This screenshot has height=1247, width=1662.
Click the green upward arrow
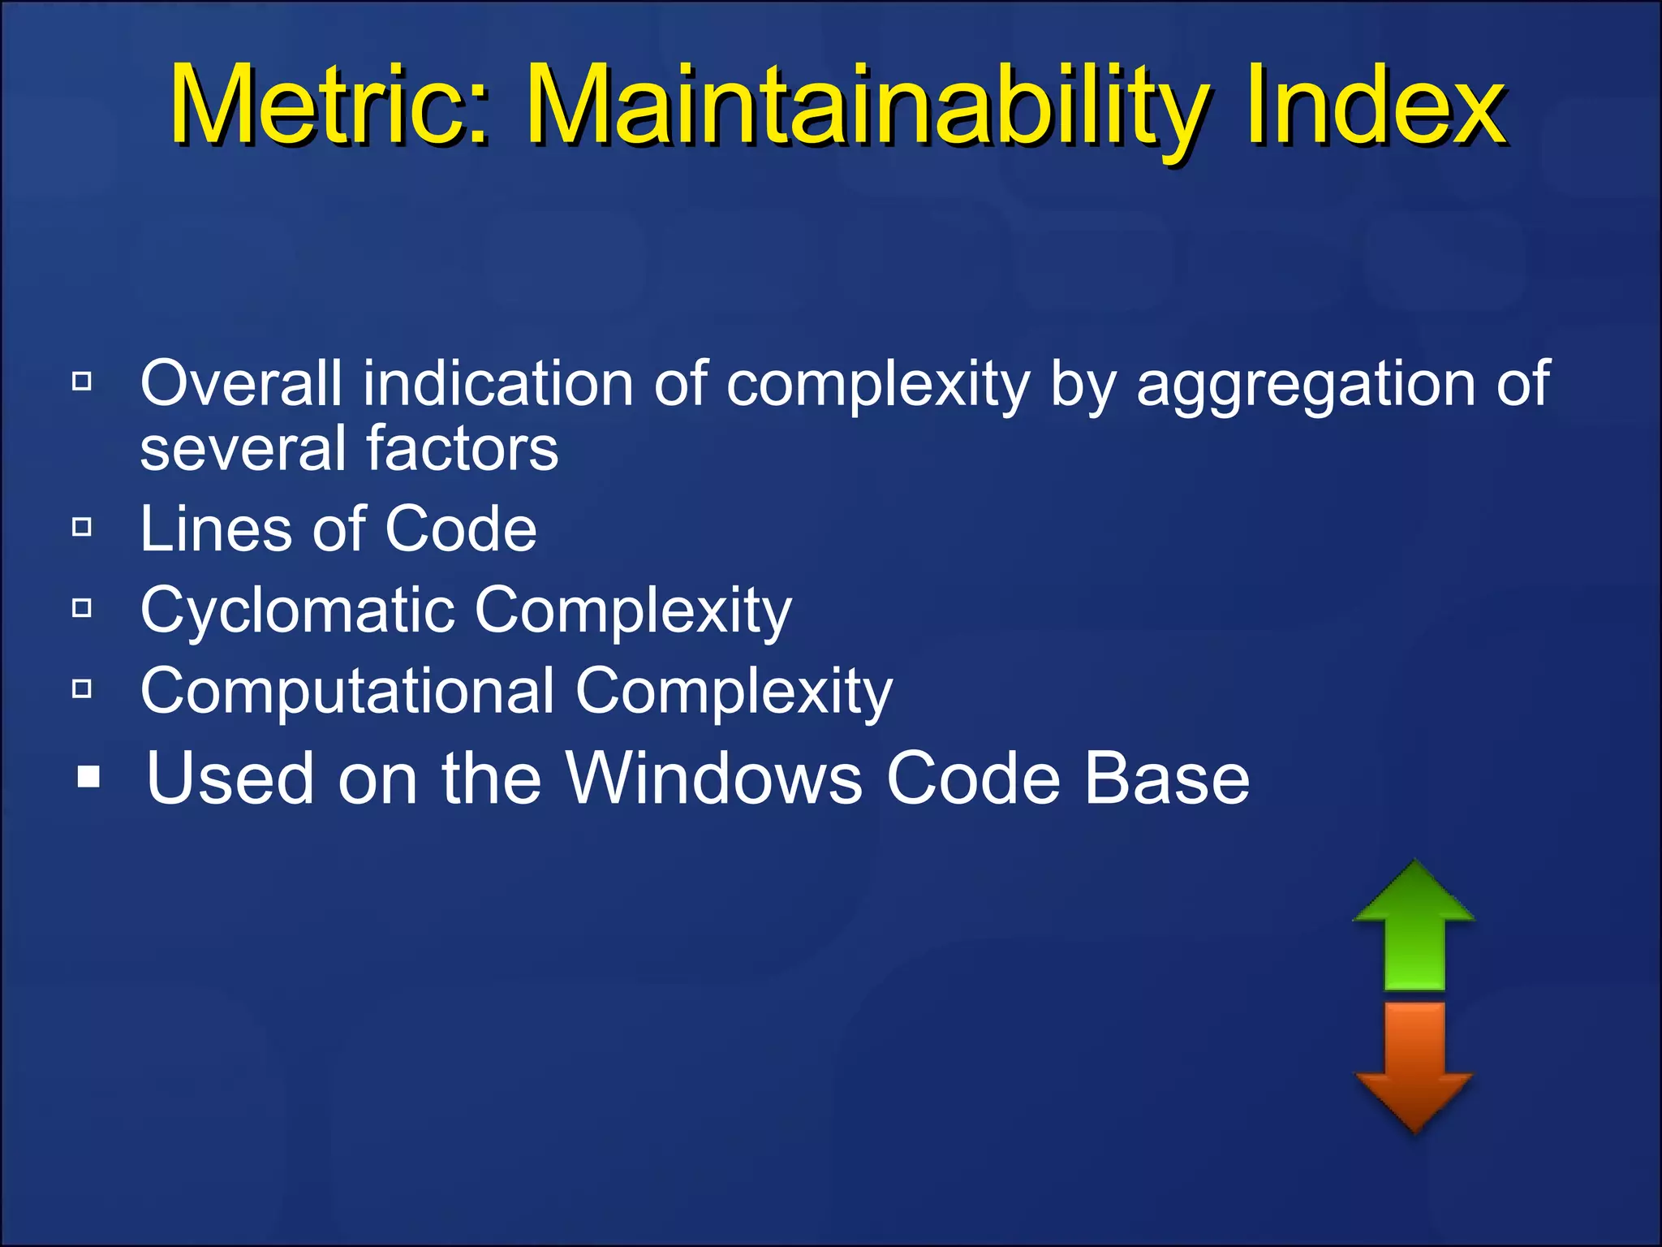coord(1414,926)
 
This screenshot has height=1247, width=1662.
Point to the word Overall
coord(241,383)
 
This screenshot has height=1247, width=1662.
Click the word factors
coord(462,448)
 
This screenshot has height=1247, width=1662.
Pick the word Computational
coord(347,691)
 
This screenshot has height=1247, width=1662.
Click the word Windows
coord(713,778)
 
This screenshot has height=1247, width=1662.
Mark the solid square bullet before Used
coord(88,777)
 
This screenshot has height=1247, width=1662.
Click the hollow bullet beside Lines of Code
coord(82,528)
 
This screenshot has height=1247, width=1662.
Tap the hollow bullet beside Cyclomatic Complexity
coord(82,608)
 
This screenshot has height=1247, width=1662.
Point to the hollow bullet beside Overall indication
coord(82,381)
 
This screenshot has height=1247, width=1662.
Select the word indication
coord(497,383)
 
